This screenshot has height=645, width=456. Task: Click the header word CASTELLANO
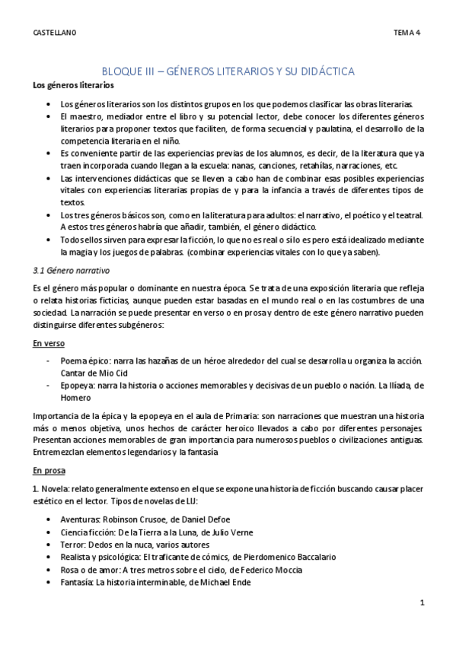click(x=55, y=33)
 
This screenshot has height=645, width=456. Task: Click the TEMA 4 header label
click(x=407, y=33)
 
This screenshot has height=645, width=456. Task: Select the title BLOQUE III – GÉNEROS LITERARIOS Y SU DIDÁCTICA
click(x=228, y=71)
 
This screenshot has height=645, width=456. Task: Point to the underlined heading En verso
click(x=49, y=343)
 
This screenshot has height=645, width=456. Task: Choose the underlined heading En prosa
click(x=50, y=472)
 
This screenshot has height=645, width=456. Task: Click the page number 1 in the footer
click(x=422, y=602)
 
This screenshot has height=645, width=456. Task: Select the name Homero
click(x=77, y=399)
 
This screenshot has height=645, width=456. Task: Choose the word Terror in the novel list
click(x=72, y=545)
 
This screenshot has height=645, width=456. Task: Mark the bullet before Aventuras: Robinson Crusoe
click(x=50, y=519)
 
